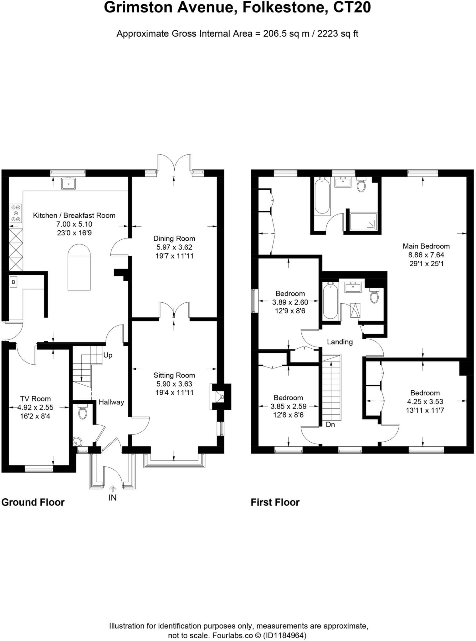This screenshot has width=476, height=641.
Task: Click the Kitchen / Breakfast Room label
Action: pyautogui.click(x=74, y=215)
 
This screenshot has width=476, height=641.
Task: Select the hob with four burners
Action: pyautogui.click(x=16, y=213)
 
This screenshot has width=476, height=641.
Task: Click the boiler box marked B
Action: pyautogui.click(x=13, y=282)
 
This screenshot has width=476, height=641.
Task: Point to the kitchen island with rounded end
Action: pyautogui.click(x=79, y=268)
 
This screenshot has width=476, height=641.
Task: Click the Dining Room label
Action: pyautogui.click(x=174, y=238)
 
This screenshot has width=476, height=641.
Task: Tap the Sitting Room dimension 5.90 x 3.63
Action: pyautogui.click(x=174, y=384)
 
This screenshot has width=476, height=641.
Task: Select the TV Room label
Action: pyautogui.click(x=35, y=398)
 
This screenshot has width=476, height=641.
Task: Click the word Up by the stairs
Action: pyautogui.click(x=108, y=355)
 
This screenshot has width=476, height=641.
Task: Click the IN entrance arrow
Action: pyautogui.click(x=112, y=489)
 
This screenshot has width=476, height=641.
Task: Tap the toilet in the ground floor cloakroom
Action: pyautogui.click(x=83, y=412)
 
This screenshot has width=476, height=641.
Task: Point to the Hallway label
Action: pyautogui.click(x=111, y=402)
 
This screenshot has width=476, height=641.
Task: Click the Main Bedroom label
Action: pyautogui.click(x=426, y=246)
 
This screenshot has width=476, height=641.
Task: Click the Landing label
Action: pyautogui.click(x=340, y=342)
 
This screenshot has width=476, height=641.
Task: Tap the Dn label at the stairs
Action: pyautogui.click(x=330, y=425)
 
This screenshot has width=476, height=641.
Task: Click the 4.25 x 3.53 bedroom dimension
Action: pyautogui.click(x=425, y=402)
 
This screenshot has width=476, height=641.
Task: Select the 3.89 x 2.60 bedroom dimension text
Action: pyautogui.click(x=290, y=302)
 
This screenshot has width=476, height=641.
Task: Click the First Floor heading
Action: pyautogui.click(x=275, y=502)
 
